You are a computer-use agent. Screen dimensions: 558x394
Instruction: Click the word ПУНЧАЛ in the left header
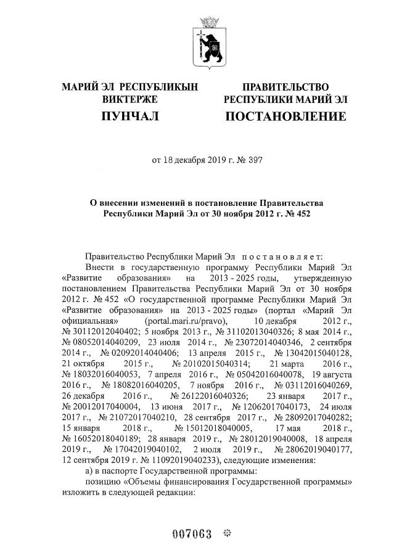point(130,116)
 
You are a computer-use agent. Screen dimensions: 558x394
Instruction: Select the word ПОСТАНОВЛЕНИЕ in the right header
point(285,116)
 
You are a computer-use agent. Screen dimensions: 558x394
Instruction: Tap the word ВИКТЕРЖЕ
point(130,99)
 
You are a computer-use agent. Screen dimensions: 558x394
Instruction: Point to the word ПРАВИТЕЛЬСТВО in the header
point(285,87)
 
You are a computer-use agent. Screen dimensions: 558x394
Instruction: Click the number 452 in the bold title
point(300,214)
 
